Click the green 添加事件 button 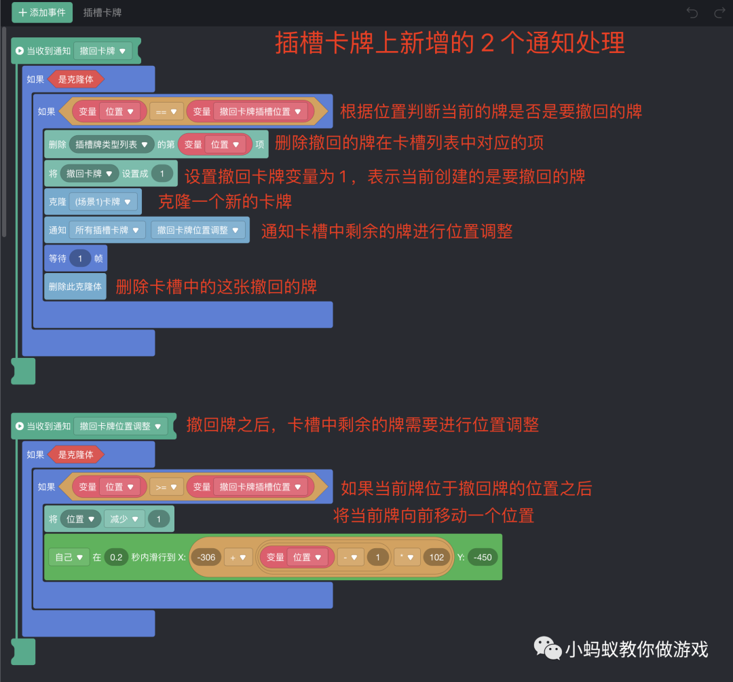pyautogui.click(x=42, y=12)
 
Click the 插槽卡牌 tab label pyautogui.click(x=102, y=12)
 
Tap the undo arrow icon pyautogui.click(x=692, y=12)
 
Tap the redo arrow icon pyautogui.click(x=719, y=12)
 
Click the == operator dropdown pyautogui.click(x=166, y=111)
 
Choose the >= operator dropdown pyautogui.click(x=166, y=486)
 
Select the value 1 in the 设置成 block pyautogui.click(x=162, y=173)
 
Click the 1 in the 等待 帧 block pyautogui.click(x=80, y=258)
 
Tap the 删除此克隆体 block pyautogui.click(x=75, y=287)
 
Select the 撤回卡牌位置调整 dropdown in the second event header pyautogui.click(x=120, y=426)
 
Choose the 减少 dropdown pyautogui.click(x=124, y=519)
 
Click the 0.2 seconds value pyautogui.click(x=116, y=557)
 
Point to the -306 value pyautogui.click(x=206, y=557)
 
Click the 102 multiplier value pyautogui.click(x=436, y=557)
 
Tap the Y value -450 pyautogui.click(x=483, y=557)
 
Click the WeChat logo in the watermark pyautogui.click(x=548, y=648)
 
